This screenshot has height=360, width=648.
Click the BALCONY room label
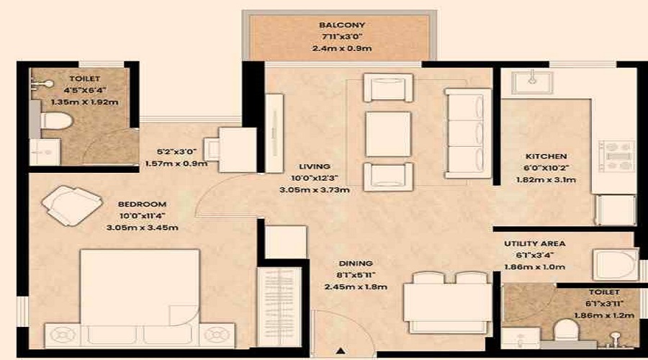point(340,25)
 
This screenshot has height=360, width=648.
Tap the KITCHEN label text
point(546,156)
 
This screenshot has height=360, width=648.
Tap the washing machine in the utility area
point(614,264)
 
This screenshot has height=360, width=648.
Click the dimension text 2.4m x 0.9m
point(340,49)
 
